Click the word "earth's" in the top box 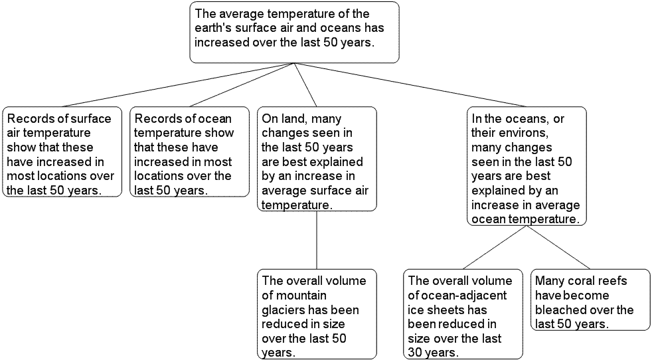coord(213,28)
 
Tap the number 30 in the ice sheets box coord(416,353)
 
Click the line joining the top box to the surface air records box coord(179,85)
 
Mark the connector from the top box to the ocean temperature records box coord(242,85)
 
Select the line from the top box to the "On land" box coord(305,85)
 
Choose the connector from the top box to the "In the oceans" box coord(410,85)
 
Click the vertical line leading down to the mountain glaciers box coord(317,240)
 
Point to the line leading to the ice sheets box coord(495,248)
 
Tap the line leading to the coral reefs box coord(558,248)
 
